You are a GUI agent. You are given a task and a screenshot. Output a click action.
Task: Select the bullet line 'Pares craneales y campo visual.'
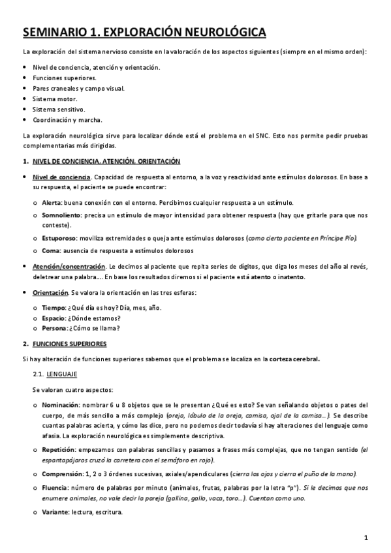coord(78,88)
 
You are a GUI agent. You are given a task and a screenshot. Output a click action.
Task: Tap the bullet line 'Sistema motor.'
coord(55,98)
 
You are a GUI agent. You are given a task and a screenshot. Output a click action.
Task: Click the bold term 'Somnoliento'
coord(61,215)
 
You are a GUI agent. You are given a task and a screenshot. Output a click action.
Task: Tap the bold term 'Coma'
coord(50,251)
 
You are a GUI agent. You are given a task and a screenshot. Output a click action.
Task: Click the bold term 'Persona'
coord(55,327)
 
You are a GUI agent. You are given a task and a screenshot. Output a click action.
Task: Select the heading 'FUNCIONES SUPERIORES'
coord(70,343)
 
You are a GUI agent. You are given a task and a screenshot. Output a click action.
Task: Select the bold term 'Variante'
coord(56,511)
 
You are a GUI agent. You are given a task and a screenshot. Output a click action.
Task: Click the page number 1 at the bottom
coord(367,538)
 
